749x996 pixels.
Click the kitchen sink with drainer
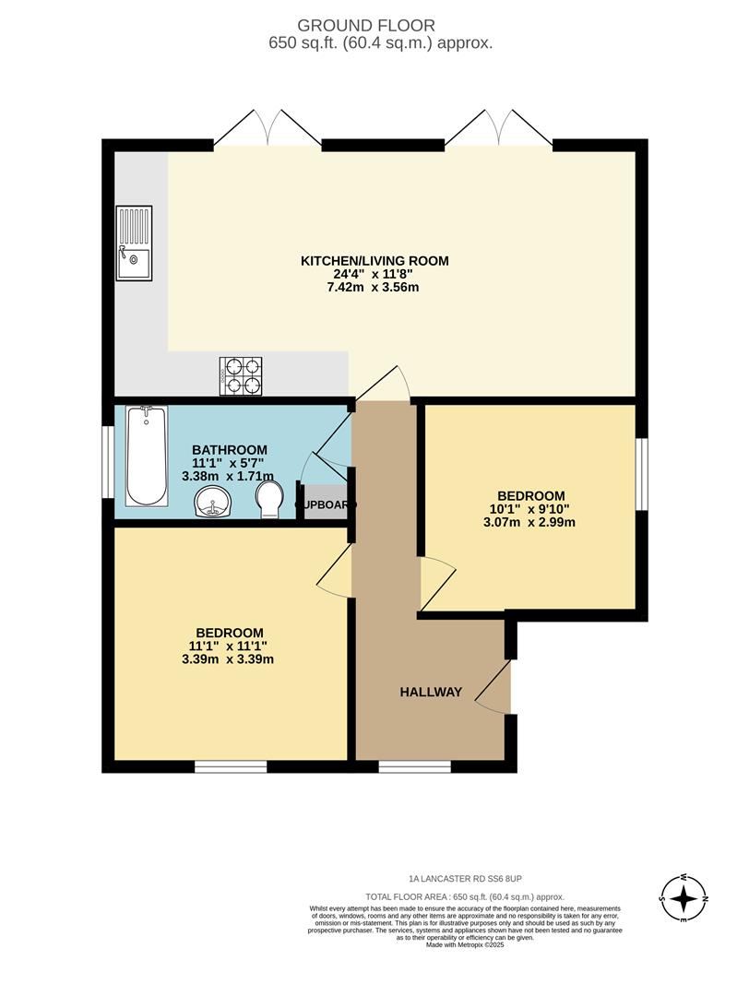tap(134, 243)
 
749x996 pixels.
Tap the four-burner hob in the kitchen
tap(241, 375)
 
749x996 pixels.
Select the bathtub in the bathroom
tap(147, 456)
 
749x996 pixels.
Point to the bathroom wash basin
tap(214, 503)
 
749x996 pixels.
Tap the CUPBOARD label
tap(326, 505)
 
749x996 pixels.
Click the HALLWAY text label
tap(430, 692)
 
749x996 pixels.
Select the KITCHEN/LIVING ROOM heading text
tap(374, 261)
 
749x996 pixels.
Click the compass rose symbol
tap(684, 897)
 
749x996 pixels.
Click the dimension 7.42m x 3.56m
tap(374, 287)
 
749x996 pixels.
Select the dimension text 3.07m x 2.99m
tap(533, 522)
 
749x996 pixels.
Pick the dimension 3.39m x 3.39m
tap(231, 658)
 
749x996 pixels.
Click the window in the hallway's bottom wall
tap(414, 765)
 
